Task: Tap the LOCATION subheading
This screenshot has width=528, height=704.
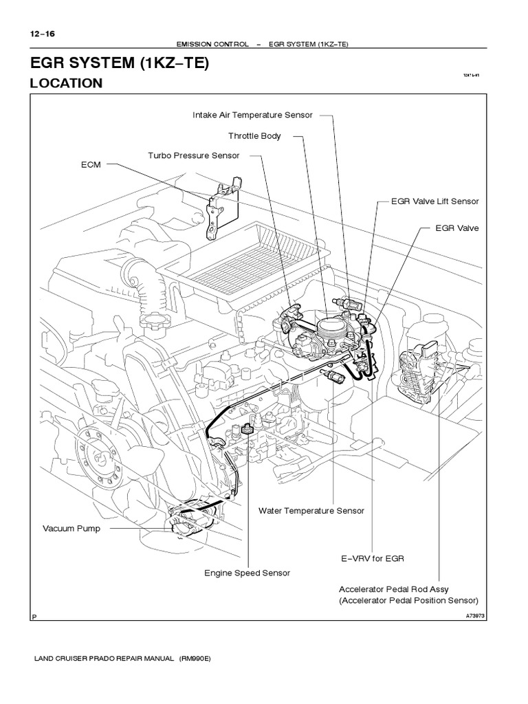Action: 65,83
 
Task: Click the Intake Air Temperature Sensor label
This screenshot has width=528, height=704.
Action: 252,115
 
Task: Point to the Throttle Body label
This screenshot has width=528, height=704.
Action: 254,136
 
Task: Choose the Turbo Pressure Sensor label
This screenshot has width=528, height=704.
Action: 194,155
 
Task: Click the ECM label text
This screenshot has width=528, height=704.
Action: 91,166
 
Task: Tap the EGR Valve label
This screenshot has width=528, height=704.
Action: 457,228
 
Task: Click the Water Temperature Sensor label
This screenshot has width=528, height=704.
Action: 311,511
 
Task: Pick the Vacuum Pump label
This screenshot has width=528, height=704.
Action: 71,528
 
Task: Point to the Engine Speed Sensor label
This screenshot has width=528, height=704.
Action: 247,573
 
